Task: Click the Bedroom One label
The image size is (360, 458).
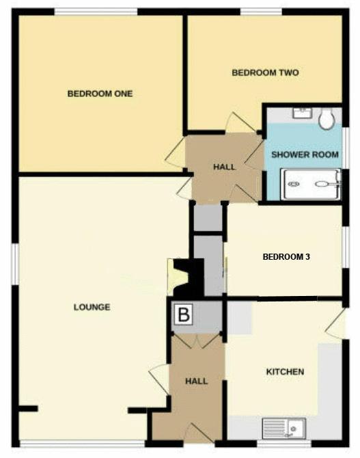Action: [x=100, y=94]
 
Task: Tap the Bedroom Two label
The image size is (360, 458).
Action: [x=265, y=72]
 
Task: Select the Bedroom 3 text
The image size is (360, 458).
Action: [x=286, y=257]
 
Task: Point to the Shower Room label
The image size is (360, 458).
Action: [x=305, y=154]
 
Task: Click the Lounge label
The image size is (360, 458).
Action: [x=92, y=307]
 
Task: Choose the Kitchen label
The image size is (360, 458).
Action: [x=285, y=372]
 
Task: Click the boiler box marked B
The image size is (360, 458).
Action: [x=184, y=314]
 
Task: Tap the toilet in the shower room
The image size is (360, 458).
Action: [x=327, y=119]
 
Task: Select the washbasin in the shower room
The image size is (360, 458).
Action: [x=303, y=113]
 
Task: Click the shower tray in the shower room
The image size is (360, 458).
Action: [x=311, y=185]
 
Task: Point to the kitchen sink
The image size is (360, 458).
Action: [x=283, y=429]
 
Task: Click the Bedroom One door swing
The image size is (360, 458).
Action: [x=175, y=154]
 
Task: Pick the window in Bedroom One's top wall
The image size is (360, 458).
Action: [x=96, y=12]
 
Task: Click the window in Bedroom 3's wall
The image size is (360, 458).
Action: [x=346, y=247]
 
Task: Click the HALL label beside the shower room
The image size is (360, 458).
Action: [x=224, y=167]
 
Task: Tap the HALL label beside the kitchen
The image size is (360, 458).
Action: [x=197, y=381]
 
